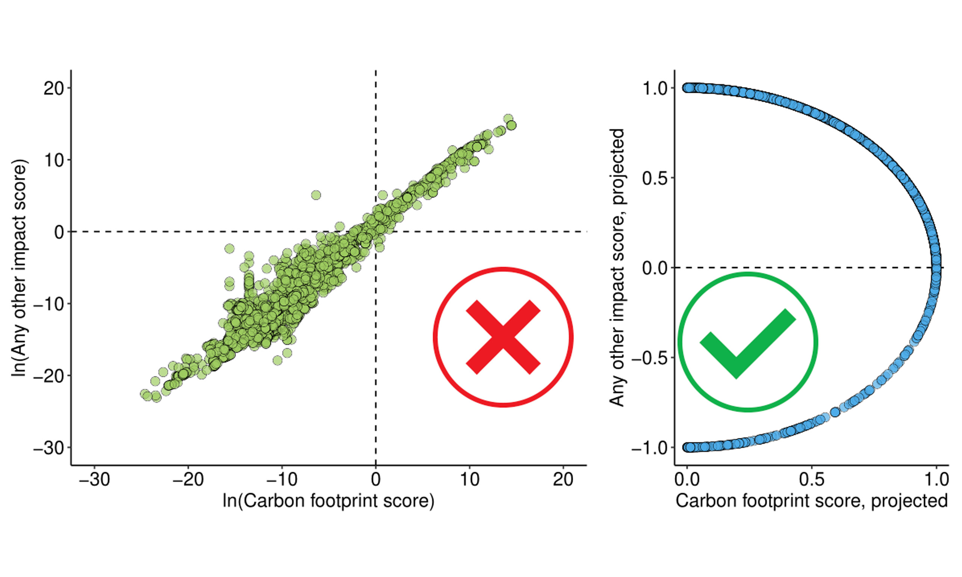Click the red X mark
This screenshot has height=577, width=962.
[503, 337]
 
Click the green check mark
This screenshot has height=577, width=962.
[747, 342]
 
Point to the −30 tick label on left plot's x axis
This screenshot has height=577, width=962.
[94, 479]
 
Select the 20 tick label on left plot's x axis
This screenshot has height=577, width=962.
[563, 479]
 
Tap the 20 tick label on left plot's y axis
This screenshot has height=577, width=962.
[54, 89]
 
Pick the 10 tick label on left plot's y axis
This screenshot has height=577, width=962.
[54, 160]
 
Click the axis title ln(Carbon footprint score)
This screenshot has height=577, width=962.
[328, 501]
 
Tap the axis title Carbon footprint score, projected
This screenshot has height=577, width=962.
[811, 501]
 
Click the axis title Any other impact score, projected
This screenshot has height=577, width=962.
[617, 267]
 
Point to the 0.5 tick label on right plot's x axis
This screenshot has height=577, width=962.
[812, 479]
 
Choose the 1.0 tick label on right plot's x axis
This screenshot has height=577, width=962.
[936, 479]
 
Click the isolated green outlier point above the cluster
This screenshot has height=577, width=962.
[316, 195]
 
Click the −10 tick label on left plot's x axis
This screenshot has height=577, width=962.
[282, 479]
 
